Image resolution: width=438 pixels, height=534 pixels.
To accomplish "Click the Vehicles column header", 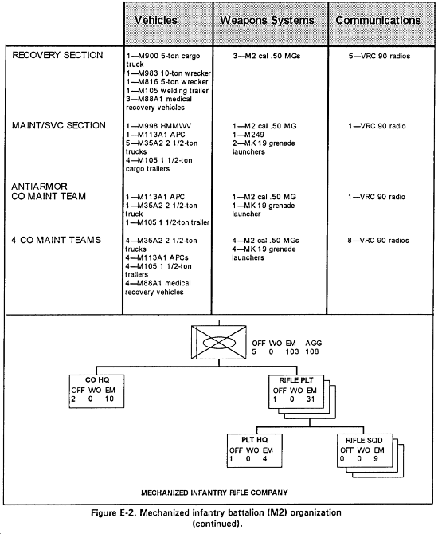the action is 156,20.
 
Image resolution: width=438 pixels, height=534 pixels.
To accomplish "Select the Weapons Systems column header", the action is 267,21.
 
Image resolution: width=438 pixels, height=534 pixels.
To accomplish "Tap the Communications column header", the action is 378,20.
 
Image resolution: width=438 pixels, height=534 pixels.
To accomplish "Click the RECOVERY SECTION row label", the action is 57,55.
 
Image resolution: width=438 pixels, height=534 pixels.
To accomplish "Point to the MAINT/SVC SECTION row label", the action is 59,125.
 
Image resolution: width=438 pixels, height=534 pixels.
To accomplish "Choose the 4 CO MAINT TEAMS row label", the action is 57,240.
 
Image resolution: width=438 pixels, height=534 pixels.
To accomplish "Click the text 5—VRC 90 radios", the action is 379,56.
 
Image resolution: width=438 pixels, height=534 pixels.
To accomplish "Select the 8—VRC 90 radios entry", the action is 378,241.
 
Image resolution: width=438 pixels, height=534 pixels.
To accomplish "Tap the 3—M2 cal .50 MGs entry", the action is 267,56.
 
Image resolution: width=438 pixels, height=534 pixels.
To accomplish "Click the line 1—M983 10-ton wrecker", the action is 169,73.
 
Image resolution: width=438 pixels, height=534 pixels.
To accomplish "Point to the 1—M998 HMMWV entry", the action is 158,126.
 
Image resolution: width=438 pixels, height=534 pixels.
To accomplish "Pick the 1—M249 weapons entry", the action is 248,135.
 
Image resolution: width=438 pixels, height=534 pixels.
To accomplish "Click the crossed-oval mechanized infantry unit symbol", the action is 219,342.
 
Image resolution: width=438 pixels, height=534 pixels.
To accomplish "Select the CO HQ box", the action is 96,391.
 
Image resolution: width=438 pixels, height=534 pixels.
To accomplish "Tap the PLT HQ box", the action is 255,450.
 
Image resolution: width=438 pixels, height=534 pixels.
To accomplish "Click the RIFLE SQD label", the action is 364,440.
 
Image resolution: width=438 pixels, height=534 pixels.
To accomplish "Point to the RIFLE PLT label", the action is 296,380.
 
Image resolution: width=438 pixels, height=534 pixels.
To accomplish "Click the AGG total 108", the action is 312,351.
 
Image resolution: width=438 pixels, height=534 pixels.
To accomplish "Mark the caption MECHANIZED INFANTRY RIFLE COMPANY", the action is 214,493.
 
